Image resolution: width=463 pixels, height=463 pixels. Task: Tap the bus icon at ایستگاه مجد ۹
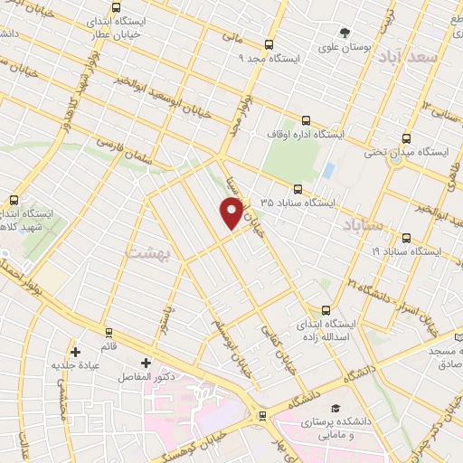pos(269,44)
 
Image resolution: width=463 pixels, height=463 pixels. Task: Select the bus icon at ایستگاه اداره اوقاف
pos(305,119)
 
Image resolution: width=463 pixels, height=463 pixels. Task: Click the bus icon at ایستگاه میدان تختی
pos(405,139)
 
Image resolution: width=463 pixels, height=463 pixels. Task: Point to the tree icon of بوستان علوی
pos(345,33)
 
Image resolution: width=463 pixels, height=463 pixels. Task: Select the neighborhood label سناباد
pos(364,223)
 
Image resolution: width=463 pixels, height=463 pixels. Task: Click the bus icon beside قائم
pos(109,332)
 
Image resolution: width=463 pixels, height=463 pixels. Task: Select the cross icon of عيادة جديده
pos(75,352)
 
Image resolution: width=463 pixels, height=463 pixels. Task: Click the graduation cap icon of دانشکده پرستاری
pos(335,409)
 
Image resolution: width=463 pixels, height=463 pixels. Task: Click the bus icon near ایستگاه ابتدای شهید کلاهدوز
pos(14,200)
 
